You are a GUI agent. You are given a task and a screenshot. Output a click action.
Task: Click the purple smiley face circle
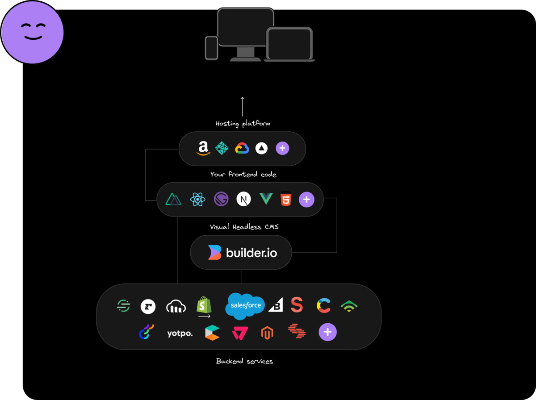click(x=33, y=32)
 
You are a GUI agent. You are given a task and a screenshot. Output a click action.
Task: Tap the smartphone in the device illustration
click(x=211, y=48)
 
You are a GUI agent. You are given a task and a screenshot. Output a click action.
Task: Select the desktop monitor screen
click(x=245, y=27)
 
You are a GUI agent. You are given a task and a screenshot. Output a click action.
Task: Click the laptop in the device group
click(x=289, y=44)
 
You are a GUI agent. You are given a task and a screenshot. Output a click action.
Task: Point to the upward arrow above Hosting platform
click(x=243, y=106)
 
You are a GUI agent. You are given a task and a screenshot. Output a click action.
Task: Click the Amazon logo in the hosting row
click(x=203, y=148)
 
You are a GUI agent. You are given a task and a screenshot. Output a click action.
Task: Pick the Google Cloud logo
click(x=242, y=148)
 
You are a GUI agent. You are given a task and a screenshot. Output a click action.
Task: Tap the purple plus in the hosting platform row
click(x=282, y=148)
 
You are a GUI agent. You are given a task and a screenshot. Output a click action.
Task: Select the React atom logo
click(x=197, y=199)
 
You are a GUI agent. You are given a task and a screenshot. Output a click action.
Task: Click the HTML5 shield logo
click(x=286, y=199)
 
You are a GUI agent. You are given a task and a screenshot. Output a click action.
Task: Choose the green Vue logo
click(x=266, y=199)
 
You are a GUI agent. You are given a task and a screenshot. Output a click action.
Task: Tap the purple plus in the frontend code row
click(x=306, y=200)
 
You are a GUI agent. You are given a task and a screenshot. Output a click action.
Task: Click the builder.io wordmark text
click(x=251, y=253)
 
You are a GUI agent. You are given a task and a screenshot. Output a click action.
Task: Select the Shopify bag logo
click(x=204, y=305)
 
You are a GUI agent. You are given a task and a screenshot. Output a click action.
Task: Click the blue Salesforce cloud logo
click(x=245, y=306)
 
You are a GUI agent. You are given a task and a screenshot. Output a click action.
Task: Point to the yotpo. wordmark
click(x=180, y=333)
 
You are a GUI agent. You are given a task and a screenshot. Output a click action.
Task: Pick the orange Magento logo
click(x=267, y=333)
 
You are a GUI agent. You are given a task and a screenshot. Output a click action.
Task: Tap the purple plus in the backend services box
click(x=327, y=332)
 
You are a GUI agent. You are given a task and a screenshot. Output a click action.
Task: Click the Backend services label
click(x=244, y=361)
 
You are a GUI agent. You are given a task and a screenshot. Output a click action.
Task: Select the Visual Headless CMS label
click(x=244, y=227)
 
